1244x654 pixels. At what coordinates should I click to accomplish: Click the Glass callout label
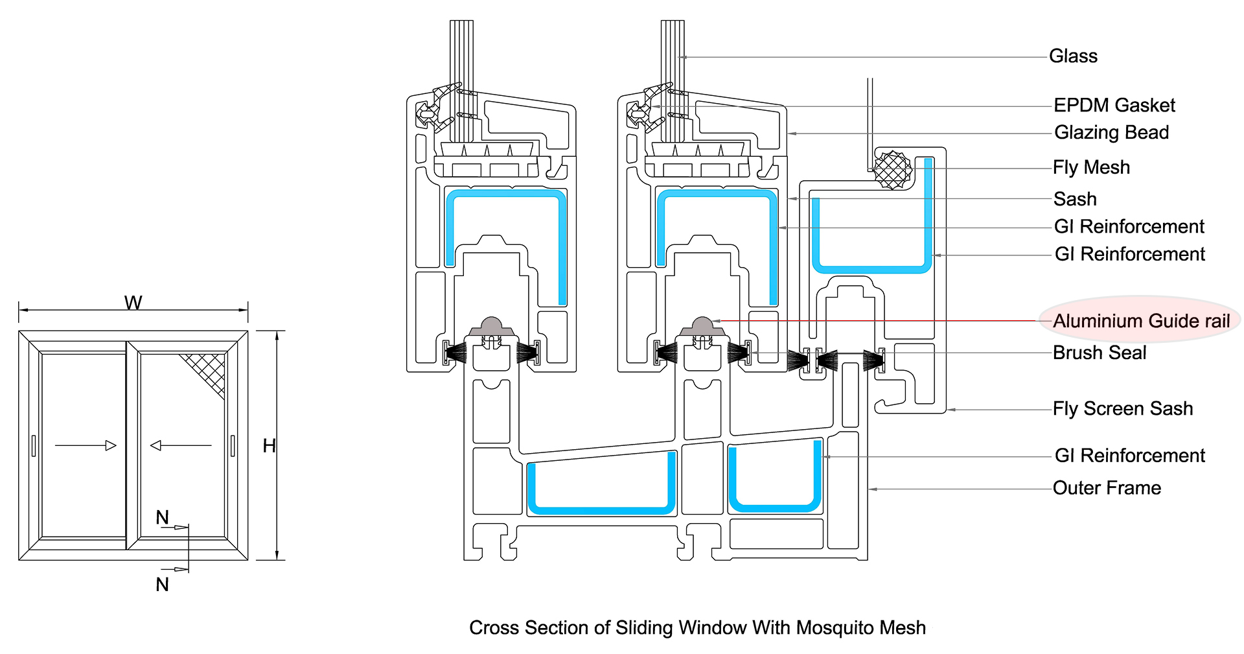pos(1073,56)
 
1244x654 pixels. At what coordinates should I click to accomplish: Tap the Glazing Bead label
pos(1111,133)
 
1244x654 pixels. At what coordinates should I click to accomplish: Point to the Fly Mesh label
pos(1091,168)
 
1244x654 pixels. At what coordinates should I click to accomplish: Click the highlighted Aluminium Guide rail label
pos(1141,321)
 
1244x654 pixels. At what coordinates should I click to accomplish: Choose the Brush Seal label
pos(1100,353)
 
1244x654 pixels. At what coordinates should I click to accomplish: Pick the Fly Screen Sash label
pos(1122,409)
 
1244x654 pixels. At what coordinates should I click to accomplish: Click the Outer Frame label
pos(1107,488)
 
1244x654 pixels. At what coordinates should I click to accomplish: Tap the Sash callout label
pos(1075,199)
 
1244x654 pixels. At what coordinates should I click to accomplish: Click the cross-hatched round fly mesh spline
pos(893,170)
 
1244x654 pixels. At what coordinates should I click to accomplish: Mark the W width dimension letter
pos(133,303)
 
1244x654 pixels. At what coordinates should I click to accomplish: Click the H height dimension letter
pos(269,446)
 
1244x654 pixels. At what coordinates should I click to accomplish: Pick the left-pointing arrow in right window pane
pos(181,445)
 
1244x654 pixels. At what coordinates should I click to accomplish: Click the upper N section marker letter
pos(162,517)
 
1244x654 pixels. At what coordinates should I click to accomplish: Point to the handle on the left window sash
pos(34,446)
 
